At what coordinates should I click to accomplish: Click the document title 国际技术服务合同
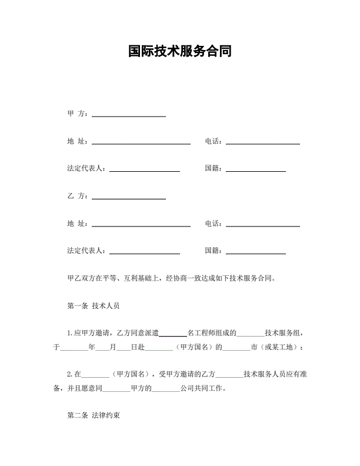point(179,52)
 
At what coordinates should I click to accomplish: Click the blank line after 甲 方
point(128,115)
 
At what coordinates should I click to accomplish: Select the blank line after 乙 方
point(128,197)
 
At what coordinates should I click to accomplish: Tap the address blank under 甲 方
point(141,142)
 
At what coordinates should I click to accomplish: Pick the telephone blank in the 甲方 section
point(262,142)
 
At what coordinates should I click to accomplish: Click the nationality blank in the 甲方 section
point(256,170)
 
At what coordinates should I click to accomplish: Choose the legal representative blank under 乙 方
point(145,252)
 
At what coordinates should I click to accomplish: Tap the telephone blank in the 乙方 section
point(262,225)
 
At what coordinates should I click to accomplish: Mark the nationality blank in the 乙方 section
point(256,252)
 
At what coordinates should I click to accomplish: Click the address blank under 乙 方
point(141,225)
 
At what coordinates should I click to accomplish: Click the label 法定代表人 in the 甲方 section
point(86,169)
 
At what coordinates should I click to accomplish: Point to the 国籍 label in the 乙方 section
point(213,251)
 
